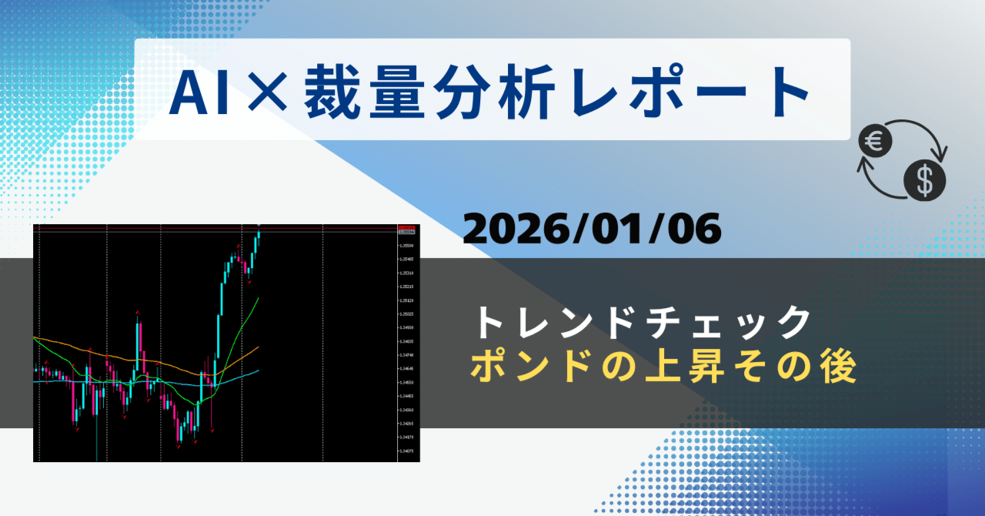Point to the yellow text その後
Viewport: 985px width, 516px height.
click(800, 368)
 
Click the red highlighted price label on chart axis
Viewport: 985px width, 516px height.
click(406, 230)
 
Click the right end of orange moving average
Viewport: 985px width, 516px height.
click(259, 347)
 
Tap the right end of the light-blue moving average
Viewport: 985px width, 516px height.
click(259, 370)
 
